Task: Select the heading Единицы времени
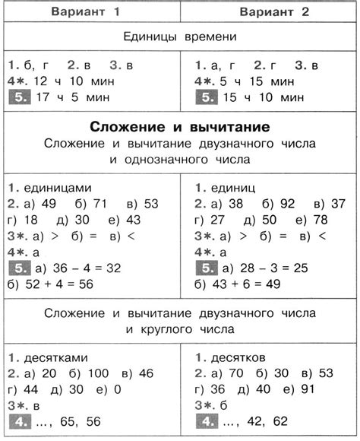(x=180, y=36)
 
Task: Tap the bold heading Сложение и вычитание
(x=179, y=124)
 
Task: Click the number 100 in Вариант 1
(x=95, y=373)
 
